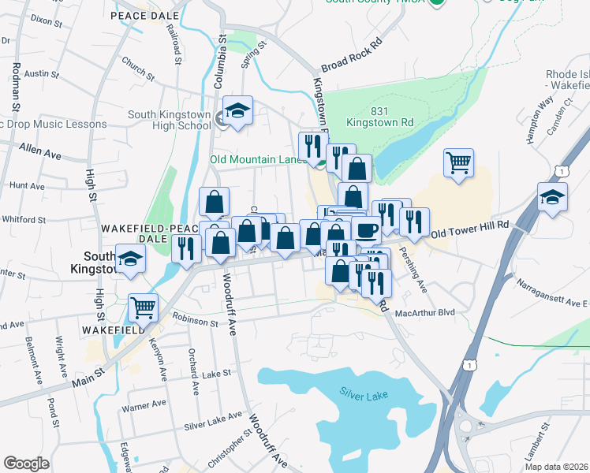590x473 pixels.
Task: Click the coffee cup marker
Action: (365, 230)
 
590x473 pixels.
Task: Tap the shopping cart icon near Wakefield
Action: (143, 307)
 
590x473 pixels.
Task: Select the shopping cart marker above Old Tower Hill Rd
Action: (458, 163)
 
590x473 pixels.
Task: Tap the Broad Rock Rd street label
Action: (352, 55)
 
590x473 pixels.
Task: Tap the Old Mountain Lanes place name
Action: (258, 159)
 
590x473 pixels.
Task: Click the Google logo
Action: (27, 463)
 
